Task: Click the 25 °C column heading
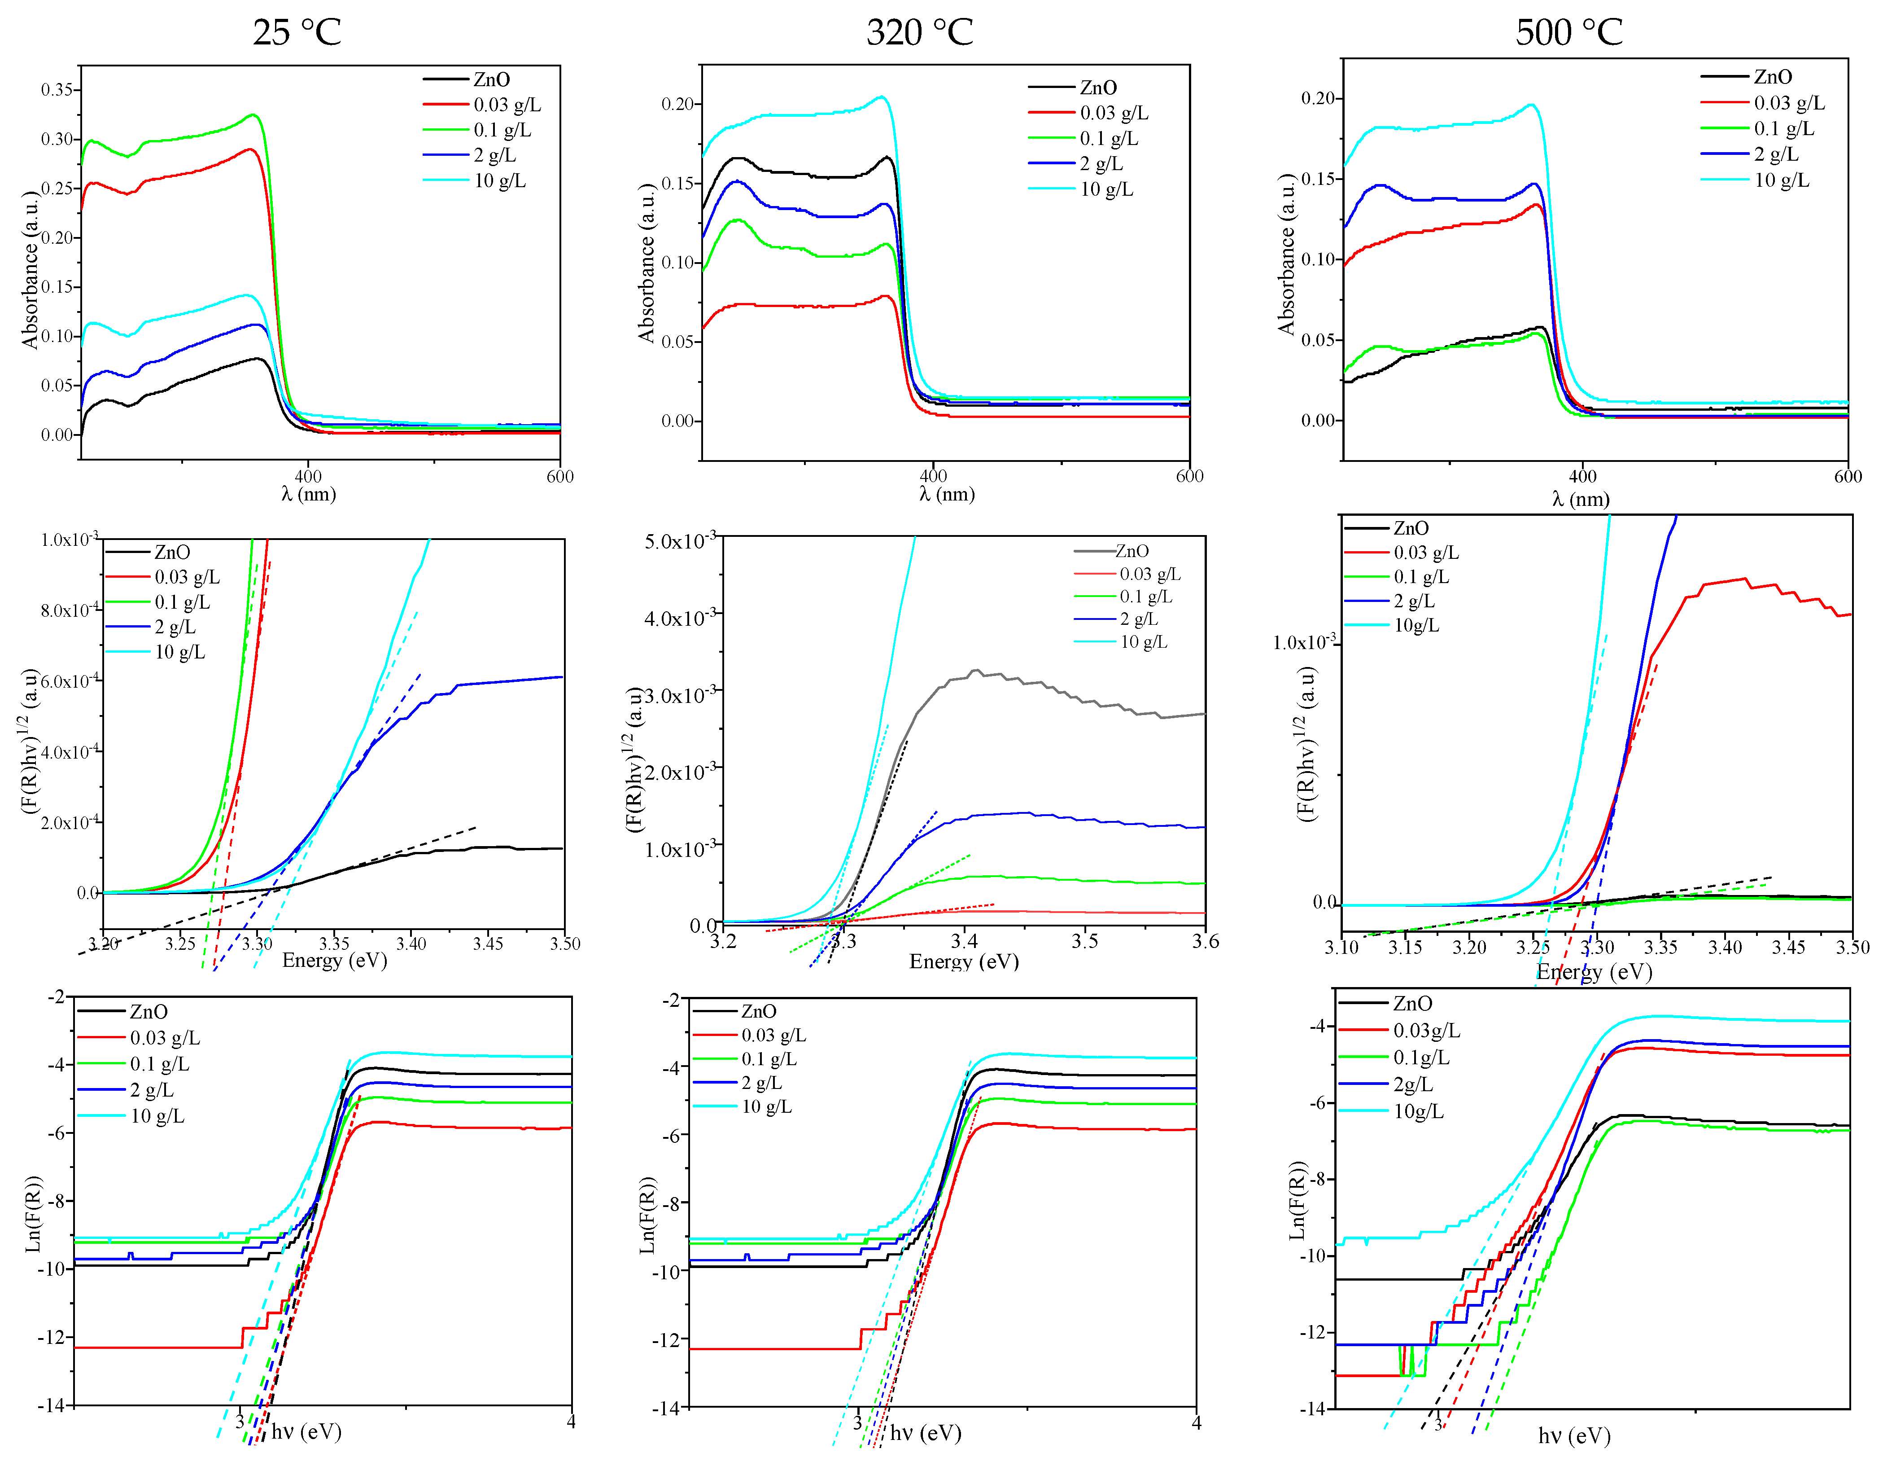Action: pyautogui.click(x=297, y=33)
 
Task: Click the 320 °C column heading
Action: pyautogui.click(x=919, y=33)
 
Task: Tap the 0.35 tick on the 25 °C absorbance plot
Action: pyautogui.click(x=61, y=90)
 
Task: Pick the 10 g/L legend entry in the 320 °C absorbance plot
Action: pyautogui.click(x=1106, y=189)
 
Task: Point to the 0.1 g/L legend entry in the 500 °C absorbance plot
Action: pyautogui.click(x=1783, y=128)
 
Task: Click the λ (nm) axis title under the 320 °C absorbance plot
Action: pyautogui.click(x=947, y=494)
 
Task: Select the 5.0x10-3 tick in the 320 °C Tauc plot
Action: pyautogui.click(x=679, y=541)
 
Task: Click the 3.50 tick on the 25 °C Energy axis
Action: pyautogui.click(x=565, y=944)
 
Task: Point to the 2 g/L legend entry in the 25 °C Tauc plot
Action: pyautogui.click(x=175, y=627)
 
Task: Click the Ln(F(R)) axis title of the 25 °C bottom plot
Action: pyautogui.click(x=33, y=1213)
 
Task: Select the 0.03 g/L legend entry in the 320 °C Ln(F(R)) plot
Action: pyautogui.click(x=773, y=1035)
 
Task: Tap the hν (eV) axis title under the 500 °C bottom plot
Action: pyautogui.click(x=1574, y=1436)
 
